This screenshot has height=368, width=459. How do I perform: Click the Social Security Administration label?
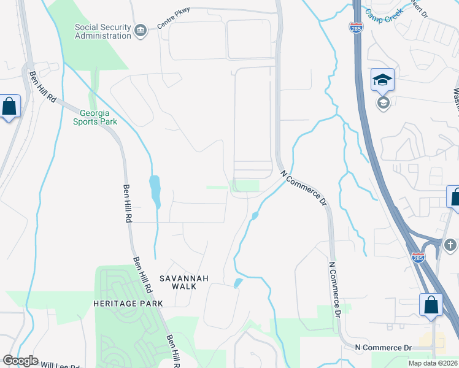pos(102,31)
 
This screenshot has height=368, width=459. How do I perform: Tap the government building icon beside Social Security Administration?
pos(141,31)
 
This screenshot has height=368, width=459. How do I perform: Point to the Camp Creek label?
pos(385,12)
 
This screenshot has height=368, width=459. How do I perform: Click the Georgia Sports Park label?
pos(98,117)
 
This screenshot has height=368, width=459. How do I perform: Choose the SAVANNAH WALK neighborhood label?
pos(184,278)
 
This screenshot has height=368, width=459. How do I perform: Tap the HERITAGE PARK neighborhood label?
pos(128,304)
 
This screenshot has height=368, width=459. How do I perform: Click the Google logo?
pos(20,361)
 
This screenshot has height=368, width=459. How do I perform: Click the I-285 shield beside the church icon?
pos(418,259)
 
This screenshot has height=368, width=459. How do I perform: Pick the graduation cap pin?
pos(382,80)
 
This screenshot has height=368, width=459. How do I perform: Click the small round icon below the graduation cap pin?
pos(383,102)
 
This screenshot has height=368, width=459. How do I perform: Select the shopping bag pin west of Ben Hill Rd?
pos(10,107)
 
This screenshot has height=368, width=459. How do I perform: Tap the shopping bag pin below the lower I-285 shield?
pos(431,305)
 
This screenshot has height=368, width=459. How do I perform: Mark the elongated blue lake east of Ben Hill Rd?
pos(155,191)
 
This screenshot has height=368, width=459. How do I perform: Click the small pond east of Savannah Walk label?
pos(238,283)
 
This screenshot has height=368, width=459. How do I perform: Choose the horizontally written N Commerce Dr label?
pos(383,348)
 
